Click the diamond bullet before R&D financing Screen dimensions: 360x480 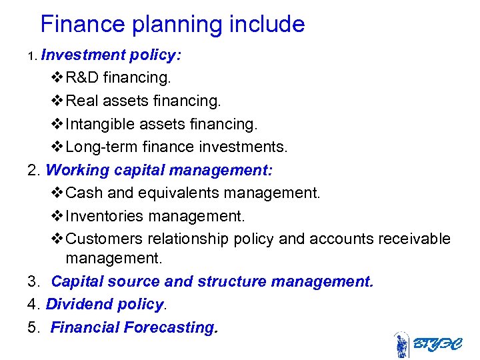pos(57,78)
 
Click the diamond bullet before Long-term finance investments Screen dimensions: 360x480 pos(57,147)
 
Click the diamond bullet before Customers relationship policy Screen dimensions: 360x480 pos(57,239)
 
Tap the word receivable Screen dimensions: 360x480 pos(419,239)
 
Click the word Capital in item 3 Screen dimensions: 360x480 pos(77,282)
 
